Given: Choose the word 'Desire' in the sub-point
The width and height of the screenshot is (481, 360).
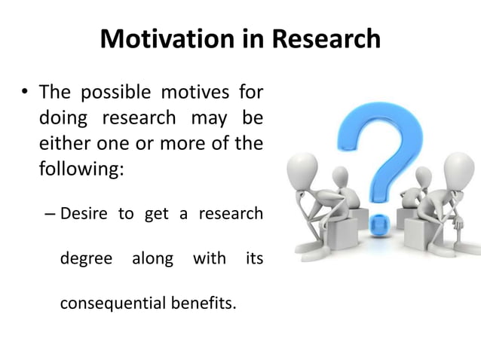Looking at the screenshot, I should tap(84, 214).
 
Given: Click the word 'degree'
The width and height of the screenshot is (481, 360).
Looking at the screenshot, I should tap(85, 259).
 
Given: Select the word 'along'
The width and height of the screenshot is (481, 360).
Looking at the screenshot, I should tap(153, 259).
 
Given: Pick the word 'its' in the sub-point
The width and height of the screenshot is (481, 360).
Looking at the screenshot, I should tap(255, 259).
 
